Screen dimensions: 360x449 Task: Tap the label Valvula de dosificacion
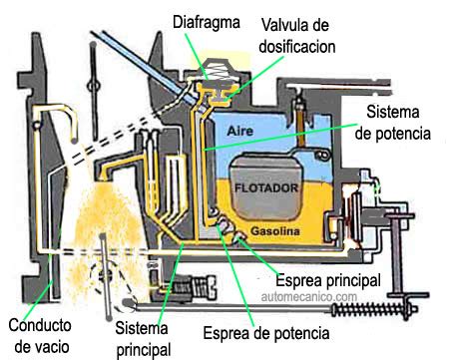point(295,34)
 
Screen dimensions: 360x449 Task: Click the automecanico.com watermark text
point(309,296)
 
